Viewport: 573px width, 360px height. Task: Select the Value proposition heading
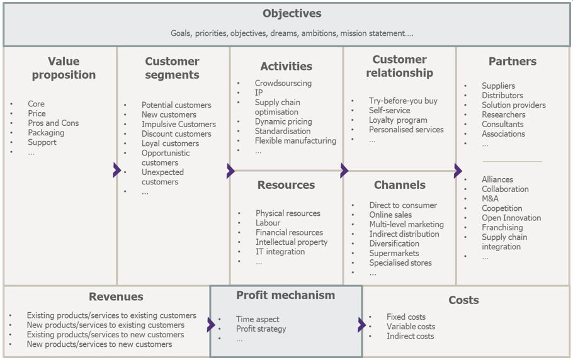coord(64,68)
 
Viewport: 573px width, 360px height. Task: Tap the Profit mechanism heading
coord(285,295)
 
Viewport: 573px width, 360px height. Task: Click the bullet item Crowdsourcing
coord(283,83)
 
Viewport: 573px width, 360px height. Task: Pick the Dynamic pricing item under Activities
coord(282,121)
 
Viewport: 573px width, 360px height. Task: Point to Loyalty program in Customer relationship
coord(398,120)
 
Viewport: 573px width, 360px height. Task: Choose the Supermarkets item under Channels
coord(394,253)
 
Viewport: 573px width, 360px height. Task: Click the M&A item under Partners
coord(490,199)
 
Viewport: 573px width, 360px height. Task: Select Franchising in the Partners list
coord(502,227)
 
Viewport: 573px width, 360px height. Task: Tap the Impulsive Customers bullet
coord(178,124)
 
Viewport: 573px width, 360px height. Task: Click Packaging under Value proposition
coord(46,133)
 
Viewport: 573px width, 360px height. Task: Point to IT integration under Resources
coord(280,252)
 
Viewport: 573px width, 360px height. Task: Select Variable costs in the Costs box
coord(411,327)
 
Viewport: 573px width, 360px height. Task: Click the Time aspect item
coord(258,319)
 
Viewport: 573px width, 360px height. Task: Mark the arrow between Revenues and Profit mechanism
coord(210,325)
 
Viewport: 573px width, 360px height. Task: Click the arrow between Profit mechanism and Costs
coord(361,325)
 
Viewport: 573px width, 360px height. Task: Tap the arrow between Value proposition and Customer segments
coord(116,170)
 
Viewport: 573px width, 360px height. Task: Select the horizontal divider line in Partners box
coord(511,162)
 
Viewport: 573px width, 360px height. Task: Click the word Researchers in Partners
coord(503,115)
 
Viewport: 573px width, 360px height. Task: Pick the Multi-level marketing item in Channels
coord(406,224)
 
